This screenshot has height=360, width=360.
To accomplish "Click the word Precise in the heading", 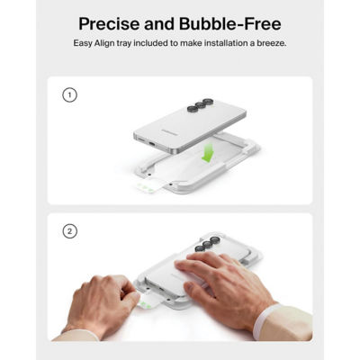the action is [109, 24].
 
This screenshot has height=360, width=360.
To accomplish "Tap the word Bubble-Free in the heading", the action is [230, 24].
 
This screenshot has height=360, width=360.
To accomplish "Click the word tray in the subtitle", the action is [123, 43].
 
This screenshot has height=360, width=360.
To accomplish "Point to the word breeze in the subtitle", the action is [272, 43].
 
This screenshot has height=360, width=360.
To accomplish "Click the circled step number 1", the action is [69, 95].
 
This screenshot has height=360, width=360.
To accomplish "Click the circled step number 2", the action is [69, 231].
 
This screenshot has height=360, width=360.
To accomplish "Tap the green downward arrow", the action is [208, 152].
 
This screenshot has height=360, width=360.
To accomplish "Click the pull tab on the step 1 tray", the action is [149, 185].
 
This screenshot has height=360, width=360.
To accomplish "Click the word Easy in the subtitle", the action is [83, 43].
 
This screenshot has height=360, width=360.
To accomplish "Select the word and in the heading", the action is [159, 24].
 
